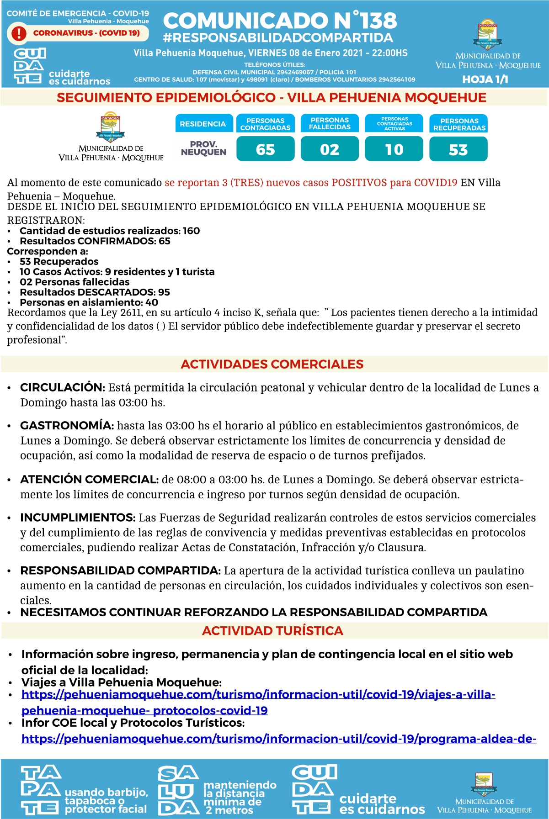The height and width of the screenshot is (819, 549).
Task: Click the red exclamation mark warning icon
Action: point(19,33)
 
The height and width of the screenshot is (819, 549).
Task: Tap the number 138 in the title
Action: point(378,21)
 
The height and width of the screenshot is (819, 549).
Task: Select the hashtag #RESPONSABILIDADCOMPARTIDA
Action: point(278,38)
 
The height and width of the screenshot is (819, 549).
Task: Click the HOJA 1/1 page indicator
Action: point(485,79)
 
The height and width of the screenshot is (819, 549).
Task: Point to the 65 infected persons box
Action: point(266,150)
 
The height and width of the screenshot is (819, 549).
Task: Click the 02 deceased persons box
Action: point(330,150)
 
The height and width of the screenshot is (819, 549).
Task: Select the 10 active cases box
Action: point(394,150)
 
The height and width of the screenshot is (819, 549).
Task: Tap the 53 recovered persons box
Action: point(458,150)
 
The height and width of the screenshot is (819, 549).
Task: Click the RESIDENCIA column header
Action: point(203,124)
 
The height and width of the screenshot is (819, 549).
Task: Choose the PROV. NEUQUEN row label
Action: point(203,148)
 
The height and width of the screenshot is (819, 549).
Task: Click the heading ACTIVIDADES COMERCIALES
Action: point(272,364)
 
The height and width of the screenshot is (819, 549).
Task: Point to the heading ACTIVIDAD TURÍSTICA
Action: point(272,631)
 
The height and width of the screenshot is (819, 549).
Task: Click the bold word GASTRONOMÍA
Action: point(67,426)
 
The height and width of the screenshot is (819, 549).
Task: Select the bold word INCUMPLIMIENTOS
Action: point(78,518)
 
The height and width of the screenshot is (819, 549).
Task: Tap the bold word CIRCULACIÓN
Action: point(63,387)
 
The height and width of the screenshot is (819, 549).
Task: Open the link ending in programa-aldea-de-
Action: point(279,739)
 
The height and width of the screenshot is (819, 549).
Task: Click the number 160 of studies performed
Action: point(191,231)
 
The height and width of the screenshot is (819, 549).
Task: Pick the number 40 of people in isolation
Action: point(152,302)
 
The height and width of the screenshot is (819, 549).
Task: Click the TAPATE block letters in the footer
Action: point(41,790)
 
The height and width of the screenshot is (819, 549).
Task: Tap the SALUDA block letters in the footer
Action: point(178,790)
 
